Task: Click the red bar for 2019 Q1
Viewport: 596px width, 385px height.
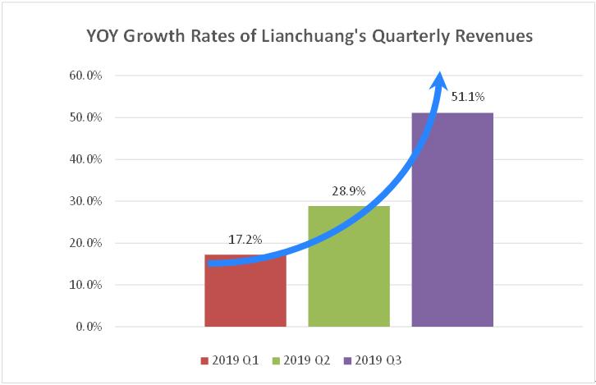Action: point(245,296)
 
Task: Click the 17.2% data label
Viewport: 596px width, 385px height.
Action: point(244,241)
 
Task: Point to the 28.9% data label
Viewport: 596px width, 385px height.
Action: point(349,192)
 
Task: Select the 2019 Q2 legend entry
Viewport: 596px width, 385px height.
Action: point(302,360)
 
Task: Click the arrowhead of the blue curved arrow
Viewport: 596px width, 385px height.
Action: point(440,80)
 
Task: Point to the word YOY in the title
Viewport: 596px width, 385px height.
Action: point(105,37)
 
